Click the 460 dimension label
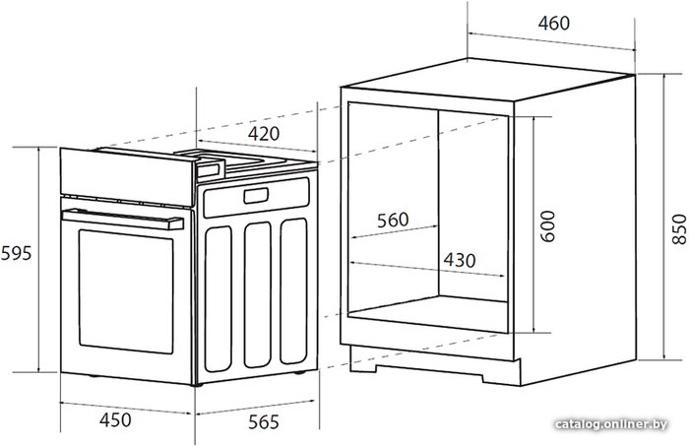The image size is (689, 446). tap(553, 23)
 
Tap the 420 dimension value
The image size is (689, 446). tap(263, 134)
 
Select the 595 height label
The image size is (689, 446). tap(17, 254)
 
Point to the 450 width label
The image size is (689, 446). tap(115, 420)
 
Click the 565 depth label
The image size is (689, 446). tap(264, 422)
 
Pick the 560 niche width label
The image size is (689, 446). tap(393, 220)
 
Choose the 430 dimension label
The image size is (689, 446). tap(460, 260)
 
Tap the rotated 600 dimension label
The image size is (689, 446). tap(547, 226)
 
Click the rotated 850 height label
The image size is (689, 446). tap(679, 229)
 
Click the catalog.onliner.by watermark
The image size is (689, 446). tap(611, 424)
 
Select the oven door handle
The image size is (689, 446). tap(123, 219)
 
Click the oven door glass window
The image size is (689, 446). tap(126, 291)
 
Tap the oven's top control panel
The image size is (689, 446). tap(127, 176)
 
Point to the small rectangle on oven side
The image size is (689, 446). tap(256, 196)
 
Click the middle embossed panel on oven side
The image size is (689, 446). tap(258, 294)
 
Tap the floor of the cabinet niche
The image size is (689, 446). tap(428, 314)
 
